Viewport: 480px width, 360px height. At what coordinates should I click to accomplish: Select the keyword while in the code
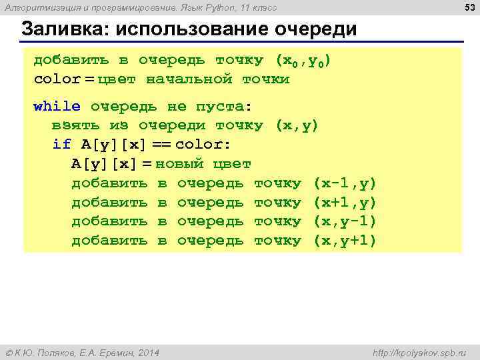point(57,106)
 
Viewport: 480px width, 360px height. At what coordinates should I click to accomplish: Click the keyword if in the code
point(61,144)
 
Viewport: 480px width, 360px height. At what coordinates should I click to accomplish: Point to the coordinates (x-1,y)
point(345,183)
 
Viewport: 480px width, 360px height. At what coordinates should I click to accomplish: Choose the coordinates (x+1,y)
point(345,202)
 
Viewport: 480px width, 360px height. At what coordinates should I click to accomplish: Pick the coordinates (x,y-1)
point(345,221)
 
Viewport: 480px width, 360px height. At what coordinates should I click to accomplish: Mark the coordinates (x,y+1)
point(345,240)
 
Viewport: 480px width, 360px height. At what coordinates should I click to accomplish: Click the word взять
point(76,125)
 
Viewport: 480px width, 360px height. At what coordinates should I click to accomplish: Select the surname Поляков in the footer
point(58,352)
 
